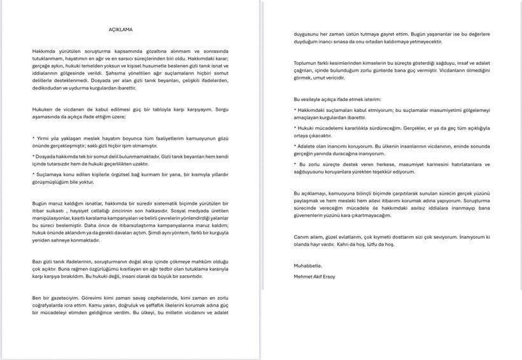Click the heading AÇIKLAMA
120,29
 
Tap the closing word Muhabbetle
307,265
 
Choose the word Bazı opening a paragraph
38,261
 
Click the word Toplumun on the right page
306,62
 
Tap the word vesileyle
314,99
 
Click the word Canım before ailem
302,236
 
